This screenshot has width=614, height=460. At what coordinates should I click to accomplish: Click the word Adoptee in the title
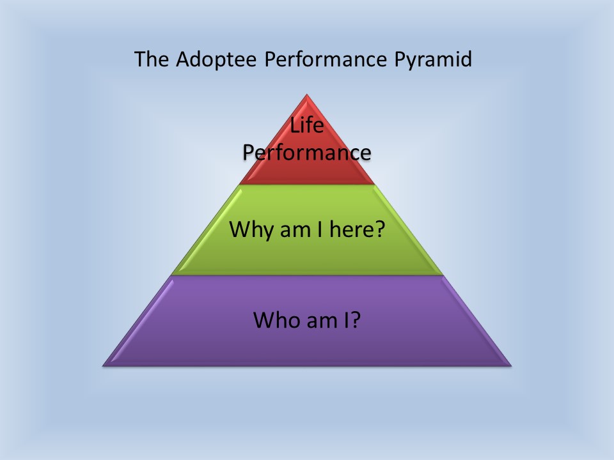tap(216, 59)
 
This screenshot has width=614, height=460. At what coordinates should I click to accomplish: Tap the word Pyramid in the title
tap(433, 59)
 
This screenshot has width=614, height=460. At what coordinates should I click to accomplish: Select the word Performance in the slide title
tap(326, 59)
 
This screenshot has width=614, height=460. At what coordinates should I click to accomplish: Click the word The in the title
tap(152, 59)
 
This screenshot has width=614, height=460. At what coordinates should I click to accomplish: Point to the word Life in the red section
tap(307, 125)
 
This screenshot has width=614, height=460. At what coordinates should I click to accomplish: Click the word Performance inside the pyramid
tap(307, 153)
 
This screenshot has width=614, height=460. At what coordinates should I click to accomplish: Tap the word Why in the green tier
tap(252, 229)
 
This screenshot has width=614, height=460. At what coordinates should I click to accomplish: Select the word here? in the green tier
tap(358, 229)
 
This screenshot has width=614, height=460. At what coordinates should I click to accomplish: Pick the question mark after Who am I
tap(355, 319)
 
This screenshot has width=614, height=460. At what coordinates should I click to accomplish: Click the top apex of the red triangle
tap(307, 94)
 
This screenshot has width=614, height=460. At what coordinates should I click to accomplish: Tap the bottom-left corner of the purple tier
tap(102, 366)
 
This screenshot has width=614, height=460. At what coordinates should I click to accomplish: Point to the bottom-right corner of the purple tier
tap(512, 366)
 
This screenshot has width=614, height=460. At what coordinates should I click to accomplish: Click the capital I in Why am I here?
tap(320, 229)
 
